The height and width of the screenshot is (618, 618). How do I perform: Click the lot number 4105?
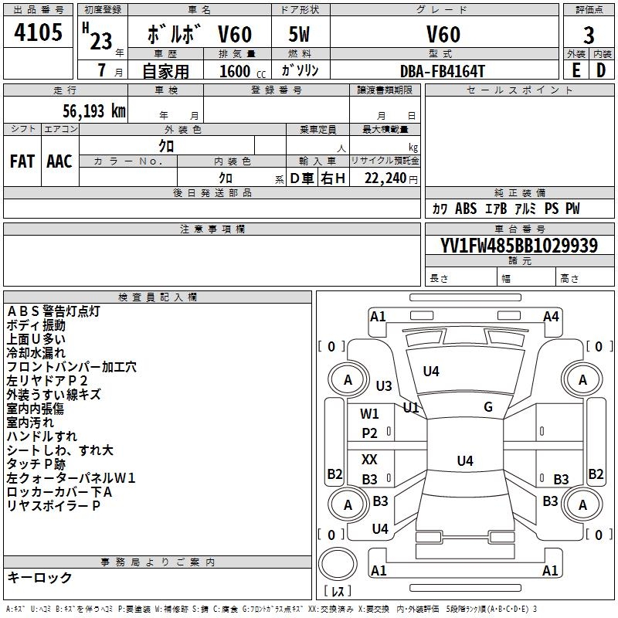click(x=38, y=32)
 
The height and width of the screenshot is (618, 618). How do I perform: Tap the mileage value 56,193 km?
click(x=94, y=110)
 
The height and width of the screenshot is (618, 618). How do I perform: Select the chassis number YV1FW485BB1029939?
click(x=518, y=245)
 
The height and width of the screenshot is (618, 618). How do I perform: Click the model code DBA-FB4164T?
click(x=442, y=71)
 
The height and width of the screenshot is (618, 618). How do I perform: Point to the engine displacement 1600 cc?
click(x=243, y=71)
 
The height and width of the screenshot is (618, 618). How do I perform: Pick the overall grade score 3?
click(x=589, y=35)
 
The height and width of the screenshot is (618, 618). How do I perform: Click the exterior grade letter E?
click(x=576, y=70)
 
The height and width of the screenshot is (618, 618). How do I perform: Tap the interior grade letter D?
click(x=601, y=70)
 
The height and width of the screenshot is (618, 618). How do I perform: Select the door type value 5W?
click(x=299, y=34)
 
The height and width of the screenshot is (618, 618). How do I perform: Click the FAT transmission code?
click(x=22, y=161)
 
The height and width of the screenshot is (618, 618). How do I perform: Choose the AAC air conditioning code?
click(x=59, y=161)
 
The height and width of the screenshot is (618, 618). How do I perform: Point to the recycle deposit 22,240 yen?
click(x=391, y=178)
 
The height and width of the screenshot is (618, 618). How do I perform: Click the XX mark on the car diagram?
click(x=369, y=459)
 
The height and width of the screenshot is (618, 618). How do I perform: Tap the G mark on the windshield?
click(x=488, y=407)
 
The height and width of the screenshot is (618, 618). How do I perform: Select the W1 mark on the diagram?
click(x=369, y=414)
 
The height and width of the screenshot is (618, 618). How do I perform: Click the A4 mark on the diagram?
click(x=551, y=317)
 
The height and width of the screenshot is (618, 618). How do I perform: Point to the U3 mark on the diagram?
click(x=384, y=385)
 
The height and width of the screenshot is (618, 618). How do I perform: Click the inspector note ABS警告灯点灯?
click(x=53, y=311)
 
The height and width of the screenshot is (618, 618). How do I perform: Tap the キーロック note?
click(x=39, y=577)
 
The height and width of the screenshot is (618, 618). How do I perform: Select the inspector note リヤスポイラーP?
click(x=53, y=506)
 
